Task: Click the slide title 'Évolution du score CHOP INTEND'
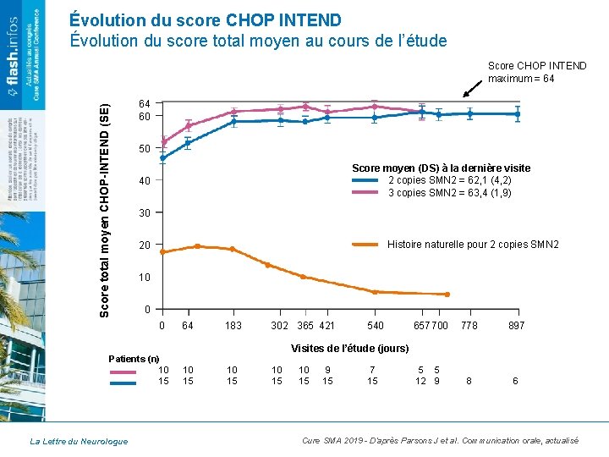coord(206,19)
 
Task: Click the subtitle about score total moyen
coord(258,41)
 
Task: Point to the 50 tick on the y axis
coord(145,149)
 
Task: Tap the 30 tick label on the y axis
coord(145,212)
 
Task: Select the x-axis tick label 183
coord(233,326)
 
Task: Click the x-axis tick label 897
coord(516,326)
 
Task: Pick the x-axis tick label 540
coord(375,326)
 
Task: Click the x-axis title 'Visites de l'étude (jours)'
coord(349,349)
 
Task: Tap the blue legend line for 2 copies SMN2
coord(366,180)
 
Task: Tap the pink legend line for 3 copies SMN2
coord(366,193)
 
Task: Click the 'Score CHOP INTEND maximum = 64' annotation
coord(536,72)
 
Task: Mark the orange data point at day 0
coord(163,252)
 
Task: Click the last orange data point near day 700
coord(447,295)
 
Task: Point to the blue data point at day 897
coord(517,114)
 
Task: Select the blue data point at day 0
coord(163,157)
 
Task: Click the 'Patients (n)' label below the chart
coord(135,358)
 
